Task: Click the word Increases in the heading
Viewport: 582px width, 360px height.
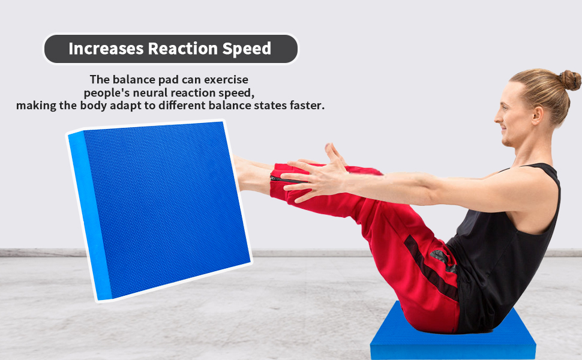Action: click(106, 49)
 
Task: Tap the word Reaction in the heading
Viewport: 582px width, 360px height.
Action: click(183, 49)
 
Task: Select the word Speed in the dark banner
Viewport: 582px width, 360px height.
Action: click(247, 49)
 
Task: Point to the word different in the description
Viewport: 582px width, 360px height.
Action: click(182, 106)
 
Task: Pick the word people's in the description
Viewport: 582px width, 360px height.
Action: click(107, 93)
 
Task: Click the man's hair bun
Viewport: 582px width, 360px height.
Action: click(570, 80)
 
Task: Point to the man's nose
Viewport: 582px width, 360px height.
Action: click(498, 118)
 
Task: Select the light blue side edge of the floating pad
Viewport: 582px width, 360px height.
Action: click(89, 215)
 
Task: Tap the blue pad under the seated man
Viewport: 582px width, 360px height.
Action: click(453, 336)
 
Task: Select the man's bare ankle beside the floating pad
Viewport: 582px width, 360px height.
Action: click(253, 175)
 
